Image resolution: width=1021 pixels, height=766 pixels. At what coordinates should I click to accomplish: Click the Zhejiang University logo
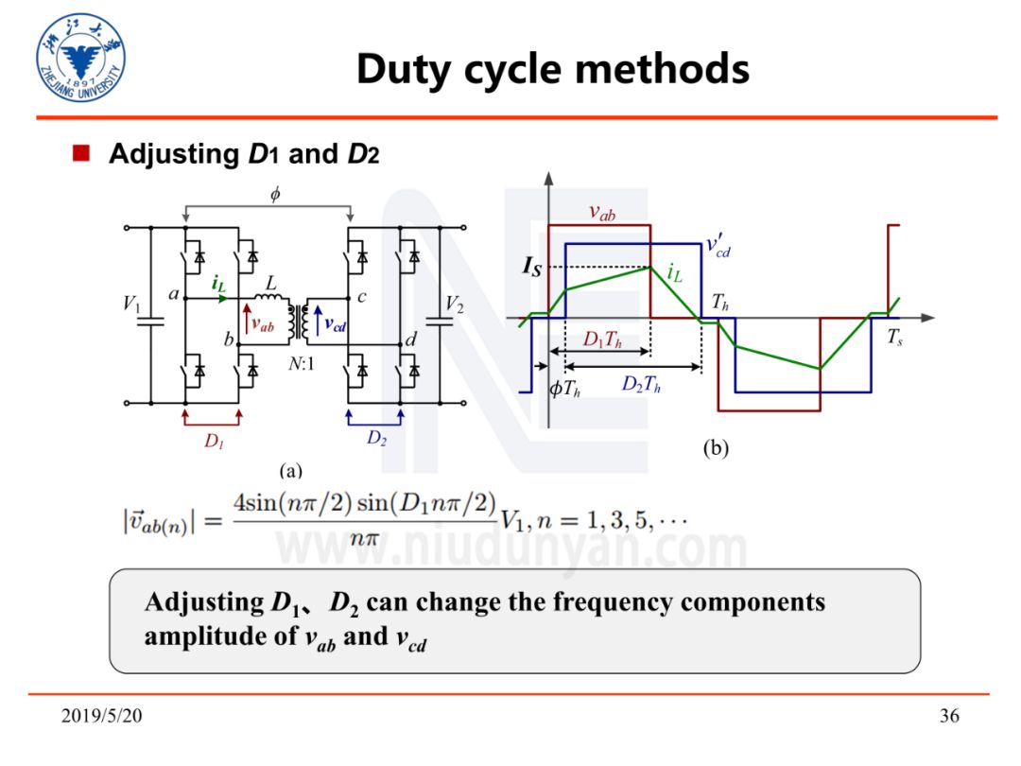pyautogui.click(x=81, y=59)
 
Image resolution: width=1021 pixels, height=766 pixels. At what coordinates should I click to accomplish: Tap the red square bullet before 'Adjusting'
pyautogui.click(x=81, y=153)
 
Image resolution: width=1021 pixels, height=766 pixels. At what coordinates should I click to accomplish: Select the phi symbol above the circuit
pyautogui.click(x=275, y=195)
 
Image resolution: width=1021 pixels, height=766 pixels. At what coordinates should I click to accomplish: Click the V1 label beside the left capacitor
pyautogui.click(x=132, y=305)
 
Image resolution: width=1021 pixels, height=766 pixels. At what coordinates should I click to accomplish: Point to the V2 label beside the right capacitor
pyautogui.click(x=455, y=305)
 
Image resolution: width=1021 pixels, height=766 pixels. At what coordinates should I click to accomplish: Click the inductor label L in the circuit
pyautogui.click(x=271, y=283)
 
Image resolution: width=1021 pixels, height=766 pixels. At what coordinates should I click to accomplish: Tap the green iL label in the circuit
pyautogui.click(x=218, y=284)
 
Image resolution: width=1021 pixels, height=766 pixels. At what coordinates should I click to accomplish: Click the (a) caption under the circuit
pyautogui.click(x=290, y=469)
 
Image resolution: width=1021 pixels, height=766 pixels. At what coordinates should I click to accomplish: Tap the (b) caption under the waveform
pyautogui.click(x=716, y=450)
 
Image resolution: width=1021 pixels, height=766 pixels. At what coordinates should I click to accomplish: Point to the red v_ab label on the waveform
pyautogui.click(x=602, y=214)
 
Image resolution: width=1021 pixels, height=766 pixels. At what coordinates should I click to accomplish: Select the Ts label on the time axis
pyautogui.click(x=893, y=339)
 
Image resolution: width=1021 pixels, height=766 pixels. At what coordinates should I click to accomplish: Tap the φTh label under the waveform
pyautogui.click(x=564, y=388)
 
